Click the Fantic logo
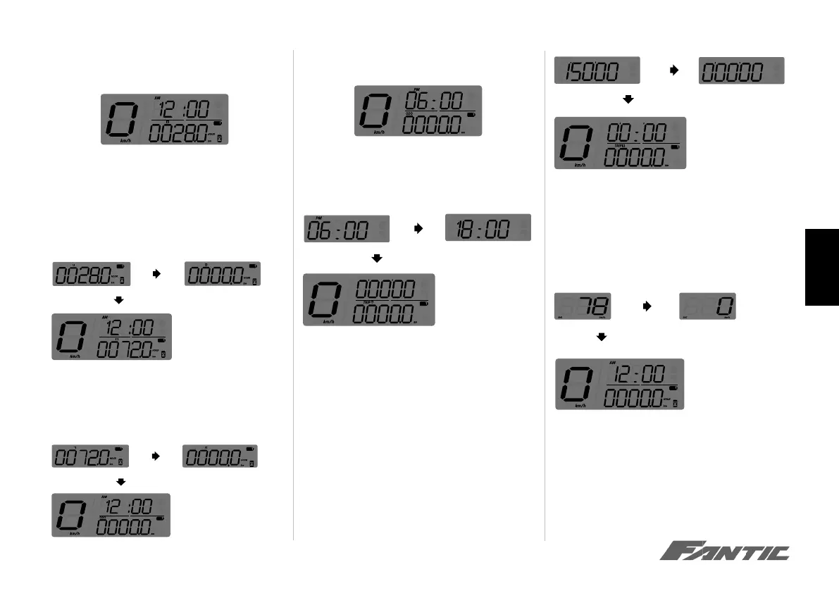[x=724, y=552]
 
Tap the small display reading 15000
[x=597, y=70]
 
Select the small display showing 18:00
[x=488, y=228]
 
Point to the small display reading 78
[x=582, y=307]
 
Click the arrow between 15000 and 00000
[x=672, y=70]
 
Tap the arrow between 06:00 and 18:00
[x=417, y=228]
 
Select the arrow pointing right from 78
[x=647, y=307]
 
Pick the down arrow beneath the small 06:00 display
[x=377, y=259]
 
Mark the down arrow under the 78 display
[x=601, y=337]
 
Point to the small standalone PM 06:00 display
[x=347, y=228]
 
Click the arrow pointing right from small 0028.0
[x=156, y=274]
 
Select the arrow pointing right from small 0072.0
[x=156, y=456]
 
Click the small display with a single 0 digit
[x=713, y=307]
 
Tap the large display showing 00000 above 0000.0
[x=368, y=299]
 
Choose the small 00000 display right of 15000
[x=741, y=70]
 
